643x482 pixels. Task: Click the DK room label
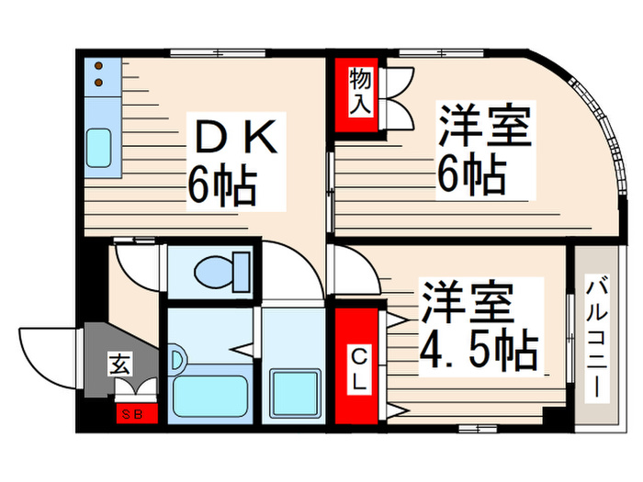pos(233,137)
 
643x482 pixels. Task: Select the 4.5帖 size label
pos(479,348)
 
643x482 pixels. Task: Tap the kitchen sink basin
pos(99,146)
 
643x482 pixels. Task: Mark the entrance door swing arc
pos(41,353)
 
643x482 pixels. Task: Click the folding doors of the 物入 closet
pos(400,96)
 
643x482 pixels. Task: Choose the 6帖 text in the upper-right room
pos(470,174)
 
